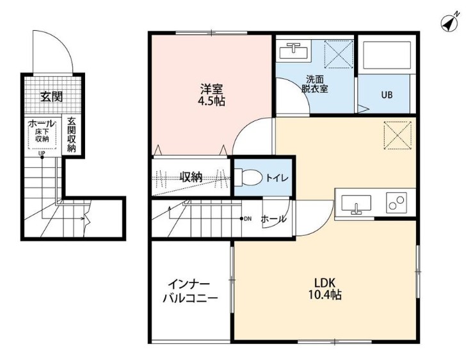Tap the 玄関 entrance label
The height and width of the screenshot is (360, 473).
(52, 97)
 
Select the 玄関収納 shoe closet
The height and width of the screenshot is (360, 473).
(72, 135)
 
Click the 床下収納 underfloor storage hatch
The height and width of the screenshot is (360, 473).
(42, 136)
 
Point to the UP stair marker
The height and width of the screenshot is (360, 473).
(42, 154)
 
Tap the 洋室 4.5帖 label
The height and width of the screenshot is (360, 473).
(212, 95)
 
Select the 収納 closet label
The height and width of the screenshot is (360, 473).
(191, 177)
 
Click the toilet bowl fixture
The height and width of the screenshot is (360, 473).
(248, 177)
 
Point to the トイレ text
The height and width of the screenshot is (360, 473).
(277, 178)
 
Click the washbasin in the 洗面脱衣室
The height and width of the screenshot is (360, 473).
(293, 51)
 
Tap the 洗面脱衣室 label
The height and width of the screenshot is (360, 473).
(315, 85)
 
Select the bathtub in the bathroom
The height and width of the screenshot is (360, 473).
(387, 55)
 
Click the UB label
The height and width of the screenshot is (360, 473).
(387, 95)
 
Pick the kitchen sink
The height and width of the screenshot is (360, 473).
(356, 204)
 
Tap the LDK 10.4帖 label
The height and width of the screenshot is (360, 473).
(325, 289)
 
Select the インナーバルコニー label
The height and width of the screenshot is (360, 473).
(190, 291)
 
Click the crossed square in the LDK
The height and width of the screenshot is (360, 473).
(397, 135)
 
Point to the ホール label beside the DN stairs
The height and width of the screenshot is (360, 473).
(273, 219)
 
